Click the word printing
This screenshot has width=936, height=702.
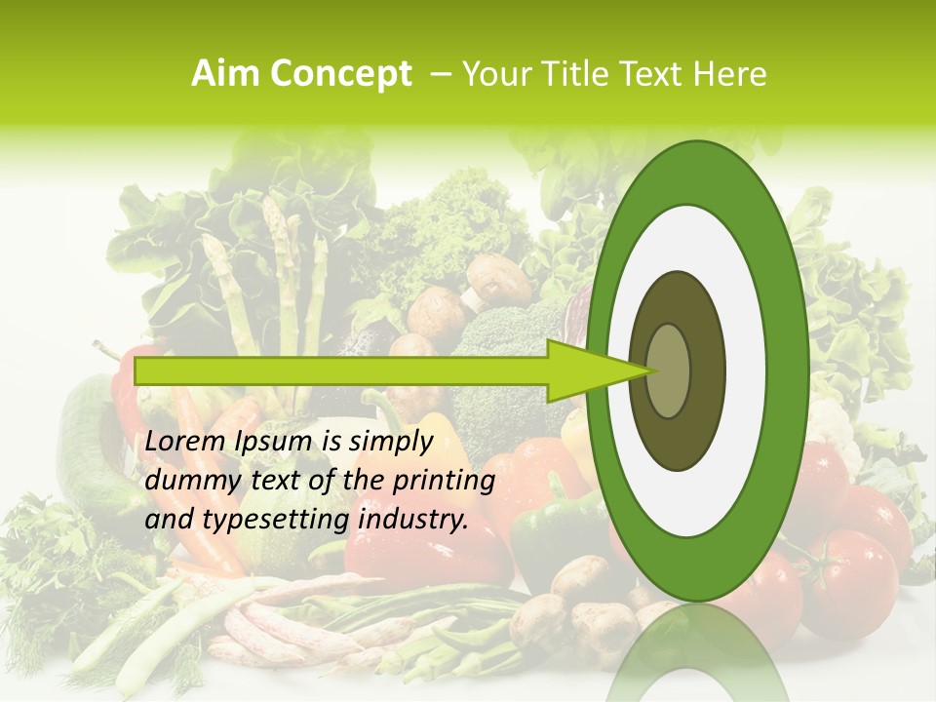[444, 482]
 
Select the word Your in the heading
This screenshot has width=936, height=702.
[492, 74]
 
